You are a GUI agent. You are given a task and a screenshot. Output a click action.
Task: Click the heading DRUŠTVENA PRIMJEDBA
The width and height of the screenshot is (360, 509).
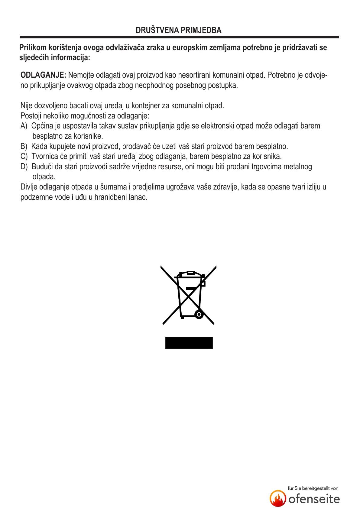click(x=178, y=30)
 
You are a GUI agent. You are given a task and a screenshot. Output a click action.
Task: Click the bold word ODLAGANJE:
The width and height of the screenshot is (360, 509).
click(x=43, y=75)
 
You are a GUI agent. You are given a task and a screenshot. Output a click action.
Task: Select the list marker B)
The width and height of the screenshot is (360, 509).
click(x=24, y=147)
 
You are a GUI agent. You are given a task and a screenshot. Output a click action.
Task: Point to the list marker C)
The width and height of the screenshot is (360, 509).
click(x=24, y=157)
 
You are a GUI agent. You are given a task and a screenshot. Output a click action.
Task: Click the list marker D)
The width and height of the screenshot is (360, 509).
click(x=24, y=167)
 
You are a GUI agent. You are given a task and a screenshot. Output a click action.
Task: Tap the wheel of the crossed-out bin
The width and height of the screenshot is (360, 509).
click(x=199, y=314)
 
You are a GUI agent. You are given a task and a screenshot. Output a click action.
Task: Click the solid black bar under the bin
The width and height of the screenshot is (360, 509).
click(x=189, y=343)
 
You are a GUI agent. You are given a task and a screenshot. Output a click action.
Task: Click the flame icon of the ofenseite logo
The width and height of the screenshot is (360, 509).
click(x=278, y=498)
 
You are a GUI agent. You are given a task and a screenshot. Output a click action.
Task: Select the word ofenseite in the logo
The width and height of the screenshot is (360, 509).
click(x=314, y=499)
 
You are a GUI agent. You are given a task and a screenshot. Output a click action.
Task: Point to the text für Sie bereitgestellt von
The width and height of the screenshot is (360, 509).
click(x=313, y=488)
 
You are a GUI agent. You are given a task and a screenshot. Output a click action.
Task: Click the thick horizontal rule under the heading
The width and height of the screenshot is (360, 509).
click(x=179, y=37)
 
